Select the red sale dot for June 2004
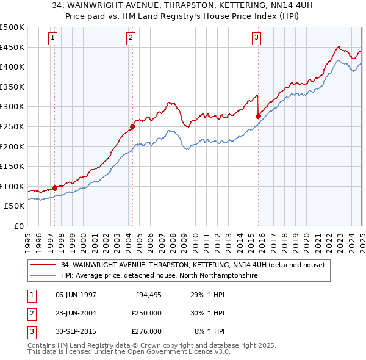coord(132,126)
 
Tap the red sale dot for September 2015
coord(258,116)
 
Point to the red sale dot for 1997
coord(55,188)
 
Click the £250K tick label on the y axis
coord(12,126)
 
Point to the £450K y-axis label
coord(12,47)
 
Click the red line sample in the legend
coord(43,265)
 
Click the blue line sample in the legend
coord(43,275)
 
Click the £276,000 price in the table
coord(146,331)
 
